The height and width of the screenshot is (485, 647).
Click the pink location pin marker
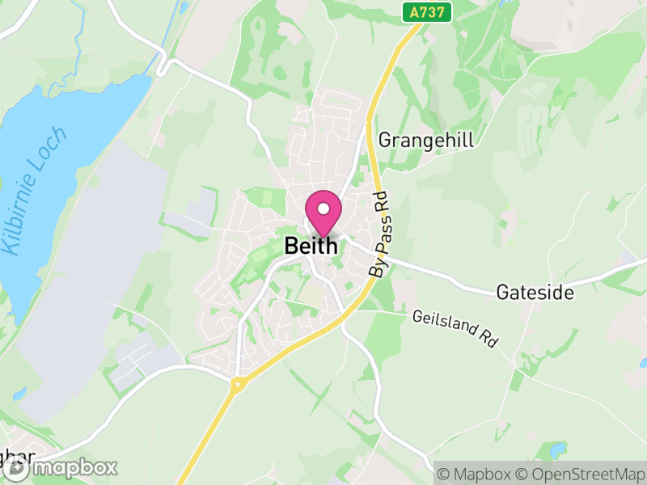coord(323,213)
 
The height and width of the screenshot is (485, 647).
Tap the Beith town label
coord(311,246)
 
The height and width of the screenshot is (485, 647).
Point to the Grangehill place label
coord(426,140)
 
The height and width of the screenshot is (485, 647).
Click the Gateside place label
coord(535,292)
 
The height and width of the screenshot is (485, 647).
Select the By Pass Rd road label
coord(379,235)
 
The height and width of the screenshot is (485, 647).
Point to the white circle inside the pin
coord(323,209)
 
